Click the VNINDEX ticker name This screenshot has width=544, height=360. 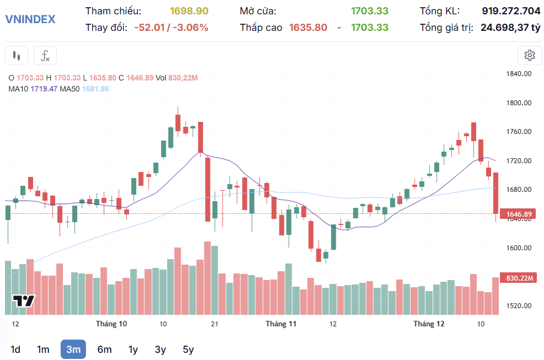[30, 19]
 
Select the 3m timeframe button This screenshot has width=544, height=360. [73, 349]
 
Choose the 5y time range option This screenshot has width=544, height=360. [188, 349]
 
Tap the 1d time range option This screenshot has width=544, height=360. [15, 349]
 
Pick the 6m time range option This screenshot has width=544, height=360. [104, 349]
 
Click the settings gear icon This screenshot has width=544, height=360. [530, 55]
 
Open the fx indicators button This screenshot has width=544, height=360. [45, 56]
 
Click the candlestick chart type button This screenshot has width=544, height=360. [17, 56]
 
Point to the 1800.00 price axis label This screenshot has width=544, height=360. [518, 103]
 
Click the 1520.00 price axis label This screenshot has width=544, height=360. [518, 305]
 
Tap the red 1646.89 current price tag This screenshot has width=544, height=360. [518, 214]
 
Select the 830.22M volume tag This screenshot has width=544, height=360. [518, 278]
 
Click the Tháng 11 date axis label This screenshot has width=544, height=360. [281, 324]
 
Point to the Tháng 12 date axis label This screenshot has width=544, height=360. [429, 324]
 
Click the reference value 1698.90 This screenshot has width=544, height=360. [189, 11]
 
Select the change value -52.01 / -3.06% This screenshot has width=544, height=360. [171, 28]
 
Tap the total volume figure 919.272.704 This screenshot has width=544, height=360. [511, 11]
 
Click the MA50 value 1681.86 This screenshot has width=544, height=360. [95, 89]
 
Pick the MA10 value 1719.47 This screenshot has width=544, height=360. [44, 89]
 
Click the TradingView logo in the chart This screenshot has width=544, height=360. [23, 301]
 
